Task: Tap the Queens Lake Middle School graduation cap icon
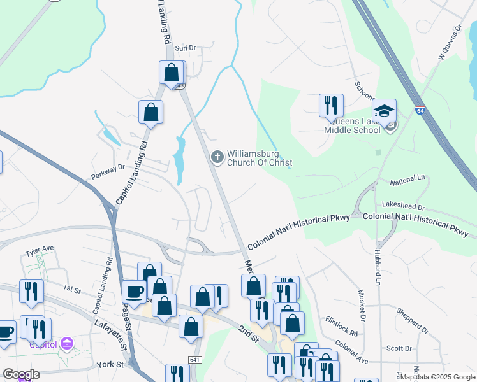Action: (385, 110)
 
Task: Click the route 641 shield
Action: (196, 360)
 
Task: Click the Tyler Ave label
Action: (40, 249)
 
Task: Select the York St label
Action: (111, 365)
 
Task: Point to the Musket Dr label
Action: (362, 311)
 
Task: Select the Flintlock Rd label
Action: (341, 328)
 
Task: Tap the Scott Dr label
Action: (399, 348)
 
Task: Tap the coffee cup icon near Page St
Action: (134, 292)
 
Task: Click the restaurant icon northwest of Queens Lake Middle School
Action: (331, 105)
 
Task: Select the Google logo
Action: (21, 374)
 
